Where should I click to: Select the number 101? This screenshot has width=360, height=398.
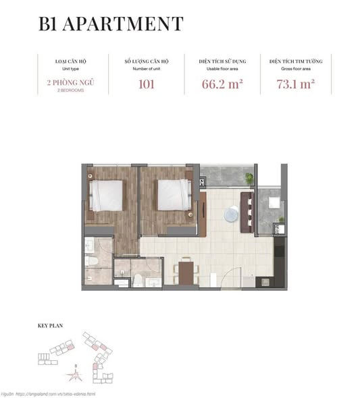click(x=146, y=85)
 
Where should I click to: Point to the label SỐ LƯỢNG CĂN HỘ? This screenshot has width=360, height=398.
click(x=146, y=61)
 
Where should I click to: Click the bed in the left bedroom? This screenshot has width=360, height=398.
click(x=107, y=195)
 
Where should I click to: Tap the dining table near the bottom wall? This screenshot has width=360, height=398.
click(x=184, y=271)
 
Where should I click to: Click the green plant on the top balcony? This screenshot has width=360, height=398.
click(x=250, y=178)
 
